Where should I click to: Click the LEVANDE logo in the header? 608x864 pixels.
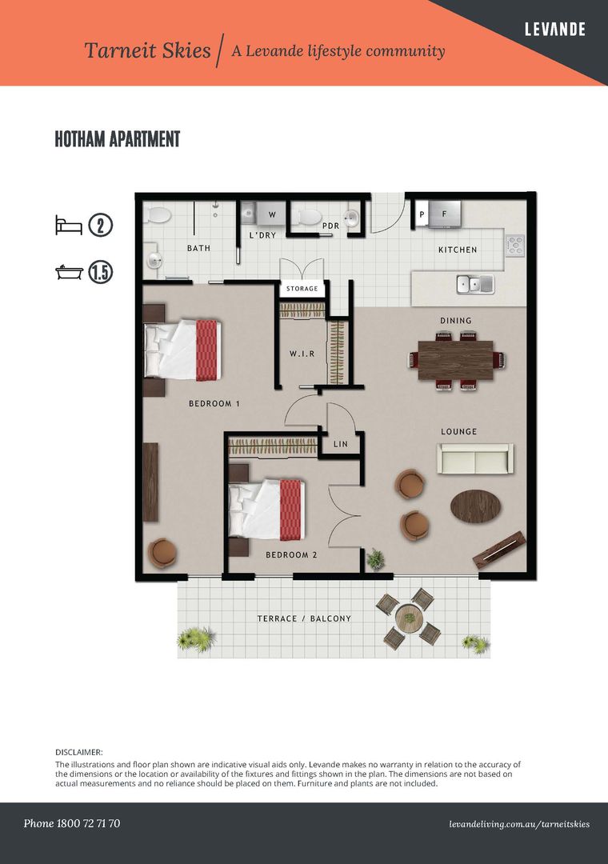tap(554, 30)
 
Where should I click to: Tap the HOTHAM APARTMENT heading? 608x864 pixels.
tap(118, 139)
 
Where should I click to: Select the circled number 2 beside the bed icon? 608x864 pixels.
tap(100, 226)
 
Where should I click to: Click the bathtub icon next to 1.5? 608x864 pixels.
tap(69, 272)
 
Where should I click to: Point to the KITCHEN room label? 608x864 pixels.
tap(458, 250)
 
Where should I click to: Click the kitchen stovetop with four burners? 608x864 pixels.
tap(515, 246)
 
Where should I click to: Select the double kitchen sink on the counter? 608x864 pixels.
tap(475, 284)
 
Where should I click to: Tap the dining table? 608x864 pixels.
tap(455, 360)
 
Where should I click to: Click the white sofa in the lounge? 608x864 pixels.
tap(475, 458)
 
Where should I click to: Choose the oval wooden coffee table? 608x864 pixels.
tap(476, 506)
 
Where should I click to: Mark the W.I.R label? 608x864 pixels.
tap(302, 354)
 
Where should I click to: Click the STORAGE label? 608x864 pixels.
tap(302, 288)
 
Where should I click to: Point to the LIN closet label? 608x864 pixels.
tap(341, 443)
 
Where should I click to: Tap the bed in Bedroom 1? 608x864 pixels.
tap(182, 350)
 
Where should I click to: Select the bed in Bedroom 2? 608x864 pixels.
tap(266, 510)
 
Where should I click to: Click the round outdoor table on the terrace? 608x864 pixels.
tap(409, 618)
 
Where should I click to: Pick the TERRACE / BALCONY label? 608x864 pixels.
tap(304, 618)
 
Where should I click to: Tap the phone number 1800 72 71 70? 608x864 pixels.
tap(88, 823)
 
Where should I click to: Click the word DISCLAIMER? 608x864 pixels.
tap(79, 752)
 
